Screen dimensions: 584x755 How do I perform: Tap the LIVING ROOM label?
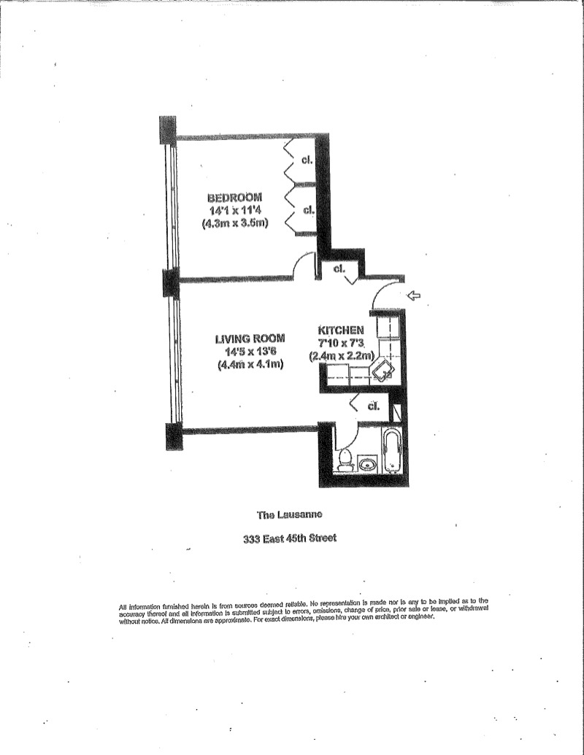click(x=249, y=338)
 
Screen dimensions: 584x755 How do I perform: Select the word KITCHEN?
click(x=340, y=330)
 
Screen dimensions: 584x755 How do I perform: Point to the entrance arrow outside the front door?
click(x=413, y=295)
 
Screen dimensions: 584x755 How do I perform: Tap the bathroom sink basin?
click(x=368, y=462)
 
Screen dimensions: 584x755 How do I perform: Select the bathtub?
click(x=392, y=451)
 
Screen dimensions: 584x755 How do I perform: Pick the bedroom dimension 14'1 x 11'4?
click(x=235, y=211)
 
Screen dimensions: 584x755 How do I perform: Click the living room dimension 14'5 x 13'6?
click(x=249, y=352)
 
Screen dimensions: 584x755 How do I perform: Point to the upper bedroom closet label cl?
click(x=307, y=161)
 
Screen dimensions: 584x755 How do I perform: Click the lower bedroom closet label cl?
click(x=308, y=210)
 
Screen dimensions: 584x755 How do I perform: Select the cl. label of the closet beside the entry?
click(x=339, y=268)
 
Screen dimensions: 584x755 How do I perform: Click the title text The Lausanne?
click(x=290, y=515)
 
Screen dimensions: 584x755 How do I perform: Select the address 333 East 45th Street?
click(x=290, y=541)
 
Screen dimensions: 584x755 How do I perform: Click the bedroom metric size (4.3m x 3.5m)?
click(x=235, y=224)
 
